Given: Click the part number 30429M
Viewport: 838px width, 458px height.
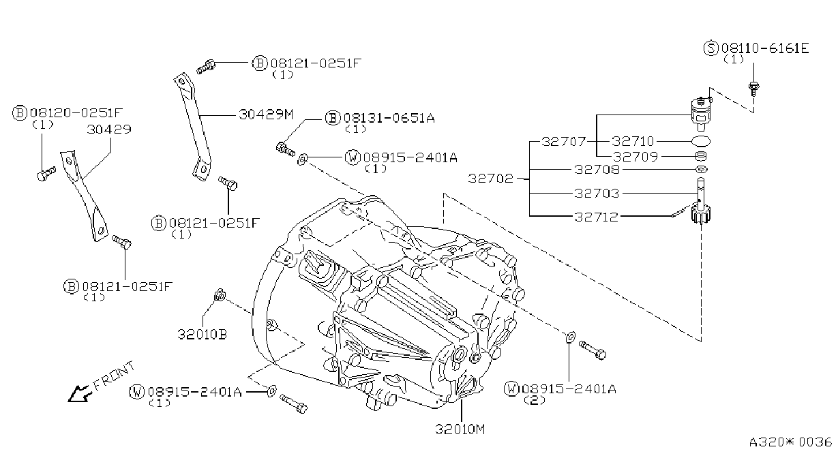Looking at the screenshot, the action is [x=266, y=114].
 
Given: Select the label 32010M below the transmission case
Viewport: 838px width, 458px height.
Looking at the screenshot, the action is [x=460, y=429].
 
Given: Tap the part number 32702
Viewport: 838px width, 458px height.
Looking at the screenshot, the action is [x=491, y=179].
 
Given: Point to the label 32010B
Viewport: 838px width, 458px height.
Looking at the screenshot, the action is [x=202, y=334].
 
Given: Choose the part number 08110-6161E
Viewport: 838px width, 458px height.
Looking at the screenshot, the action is [x=765, y=48].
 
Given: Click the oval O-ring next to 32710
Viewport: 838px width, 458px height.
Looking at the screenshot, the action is [x=701, y=141].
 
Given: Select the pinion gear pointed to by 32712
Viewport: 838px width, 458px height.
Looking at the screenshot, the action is [x=701, y=213].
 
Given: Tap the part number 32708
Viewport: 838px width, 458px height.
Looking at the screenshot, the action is [x=597, y=170].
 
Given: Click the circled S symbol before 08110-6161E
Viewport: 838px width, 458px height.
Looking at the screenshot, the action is [x=710, y=48].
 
